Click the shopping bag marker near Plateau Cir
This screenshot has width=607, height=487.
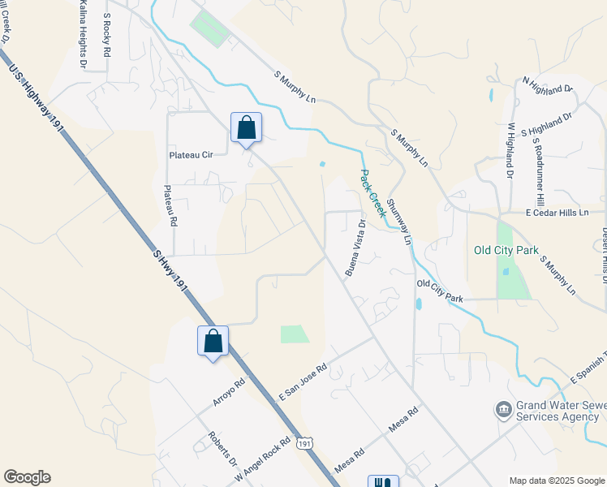pyautogui.click(x=246, y=128)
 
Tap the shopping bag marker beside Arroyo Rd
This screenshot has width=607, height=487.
pyautogui.click(x=213, y=341)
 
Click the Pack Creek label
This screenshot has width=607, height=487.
pyautogui.click(x=372, y=193)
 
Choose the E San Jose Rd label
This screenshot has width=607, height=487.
pyautogui.click(x=303, y=380)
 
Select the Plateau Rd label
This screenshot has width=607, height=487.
pyautogui.click(x=171, y=205)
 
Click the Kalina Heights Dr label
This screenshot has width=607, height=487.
pyautogui.click(x=83, y=34)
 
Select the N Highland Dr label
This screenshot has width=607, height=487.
pyautogui.click(x=548, y=84)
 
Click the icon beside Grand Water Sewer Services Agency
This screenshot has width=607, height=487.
pyautogui.click(x=502, y=407)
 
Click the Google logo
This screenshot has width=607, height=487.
pyautogui.click(x=27, y=477)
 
